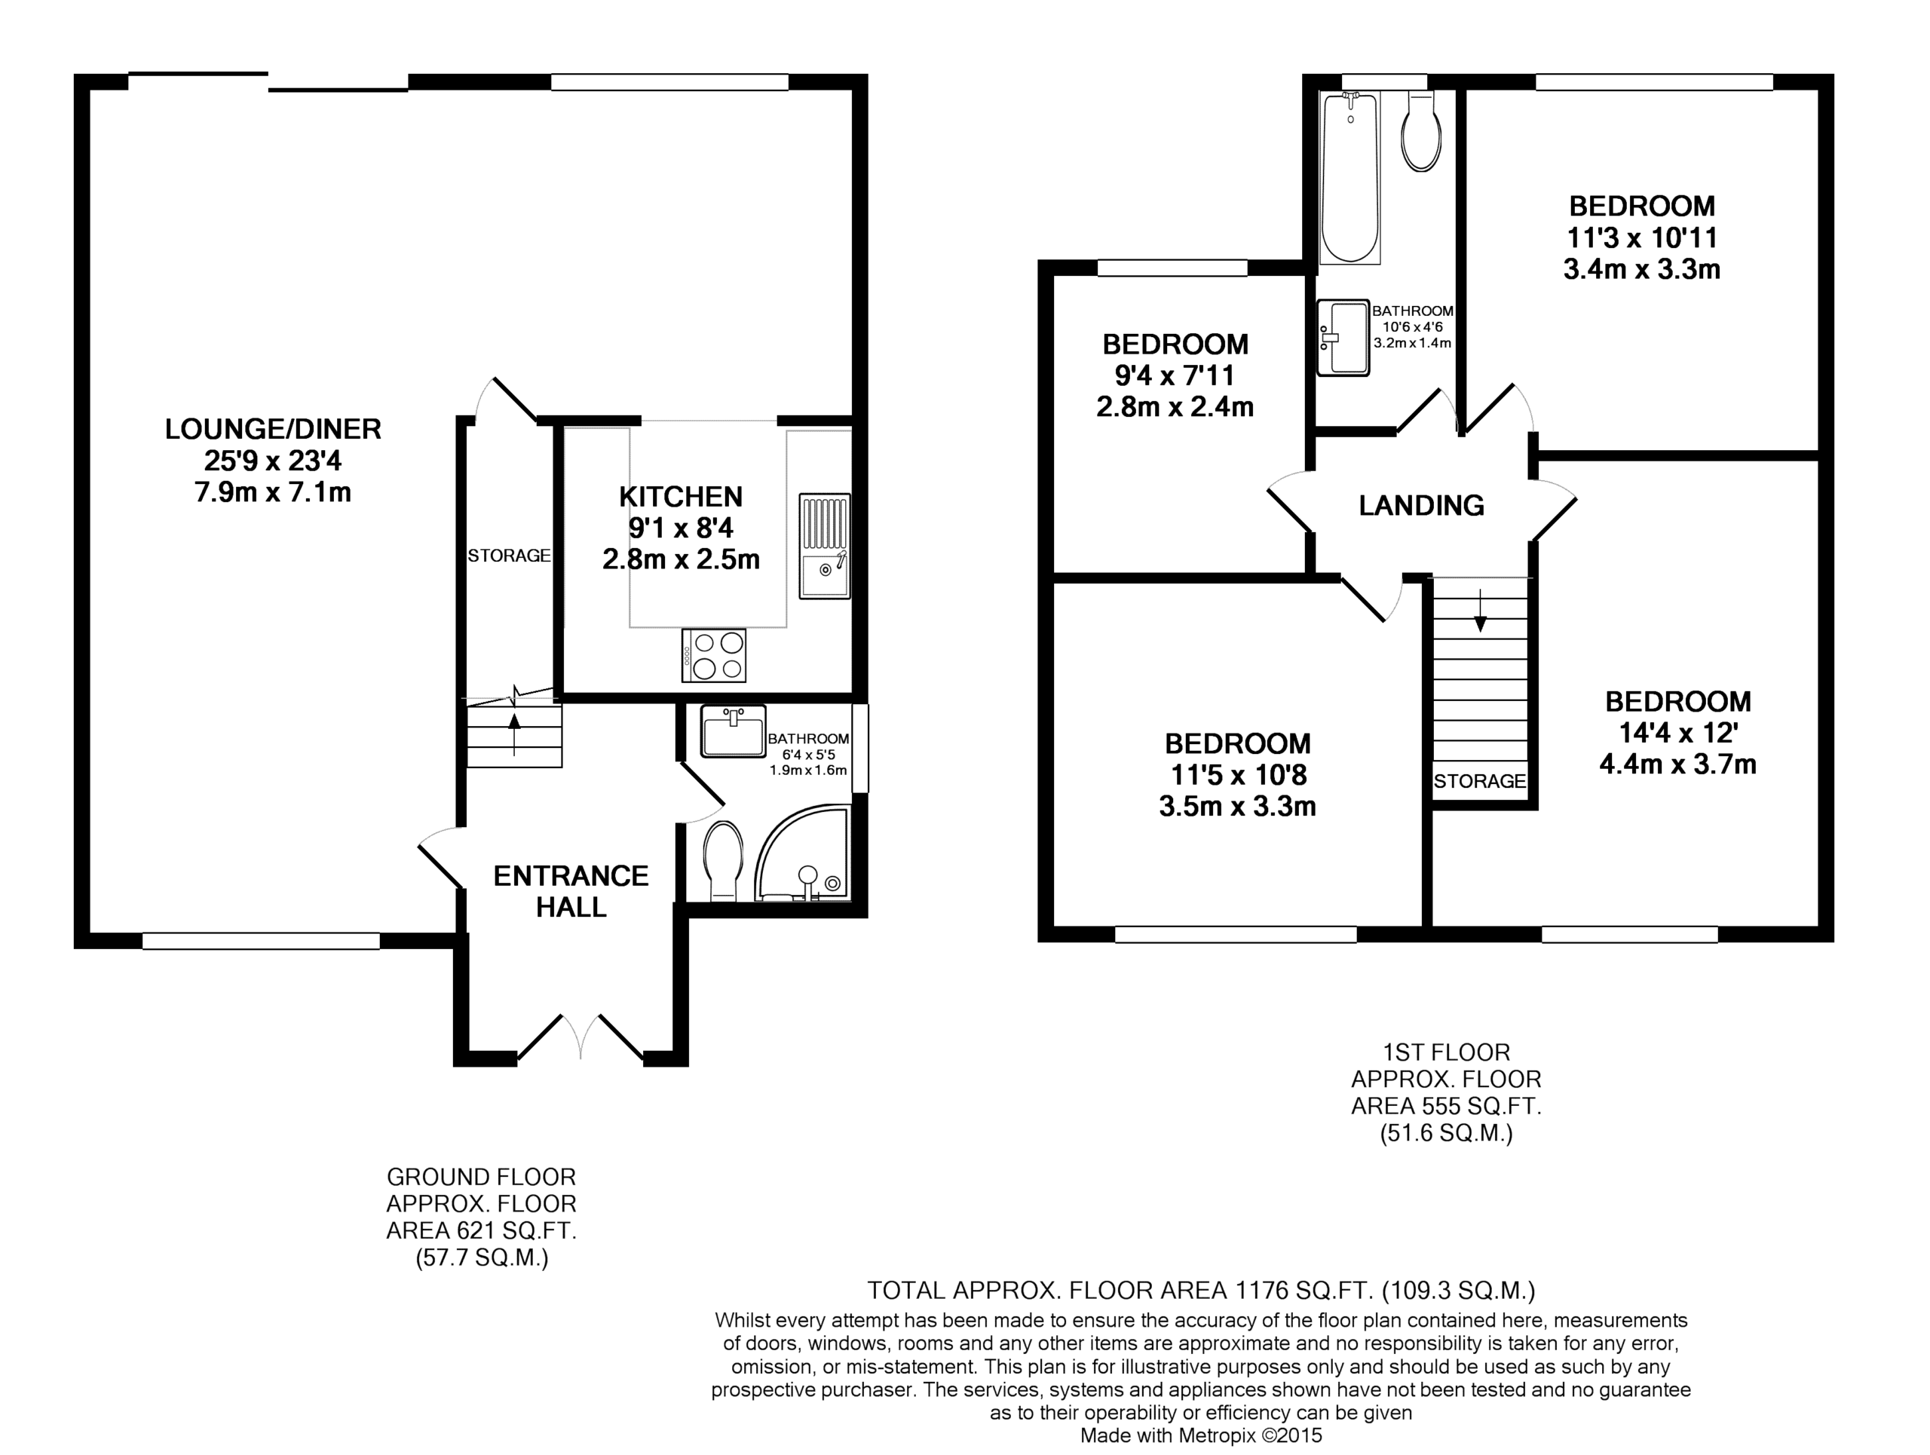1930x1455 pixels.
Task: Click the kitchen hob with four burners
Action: [714, 655]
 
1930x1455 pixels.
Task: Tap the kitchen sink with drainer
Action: [825, 546]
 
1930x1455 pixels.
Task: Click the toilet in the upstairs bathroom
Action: [1421, 132]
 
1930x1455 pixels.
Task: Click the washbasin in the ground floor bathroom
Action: [733, 731]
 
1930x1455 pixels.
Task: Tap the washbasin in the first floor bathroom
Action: [1343, 338]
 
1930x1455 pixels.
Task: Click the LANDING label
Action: [1421, 505]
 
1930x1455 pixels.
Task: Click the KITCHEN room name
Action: [681, 496]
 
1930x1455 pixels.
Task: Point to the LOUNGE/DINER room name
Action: [273, 428]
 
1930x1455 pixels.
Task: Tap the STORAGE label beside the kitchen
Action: [510, 556]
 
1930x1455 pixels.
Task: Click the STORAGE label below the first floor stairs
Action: [1480, 781]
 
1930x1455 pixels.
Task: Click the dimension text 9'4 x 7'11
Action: [1175, 375]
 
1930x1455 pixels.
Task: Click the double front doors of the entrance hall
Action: [581, 1037]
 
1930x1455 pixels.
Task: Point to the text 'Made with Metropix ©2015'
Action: [1202, 1435]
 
